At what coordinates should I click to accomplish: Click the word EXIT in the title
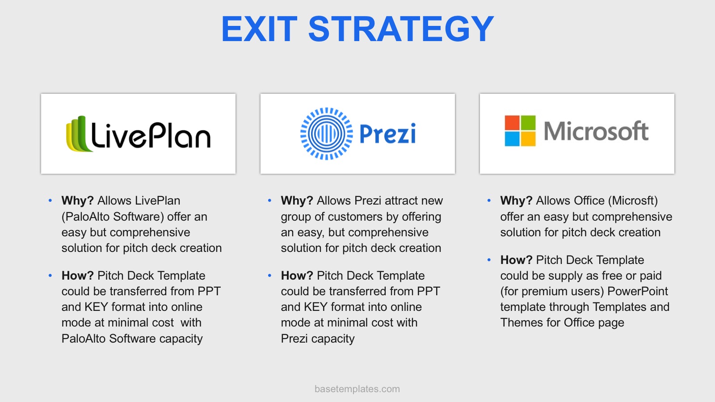259,29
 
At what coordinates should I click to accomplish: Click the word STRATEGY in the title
401,29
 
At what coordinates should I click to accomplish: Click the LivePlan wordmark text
151,135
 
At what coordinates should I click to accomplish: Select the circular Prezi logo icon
327,134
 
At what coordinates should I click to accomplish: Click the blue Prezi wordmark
387,134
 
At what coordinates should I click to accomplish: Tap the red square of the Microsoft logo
512,123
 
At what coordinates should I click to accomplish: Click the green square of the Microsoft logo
528,123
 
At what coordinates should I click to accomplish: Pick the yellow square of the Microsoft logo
528,139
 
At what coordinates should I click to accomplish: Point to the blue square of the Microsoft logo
512,139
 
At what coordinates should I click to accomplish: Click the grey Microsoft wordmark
596,131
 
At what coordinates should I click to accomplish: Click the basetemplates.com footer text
357,389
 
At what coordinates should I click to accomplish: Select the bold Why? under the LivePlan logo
78,201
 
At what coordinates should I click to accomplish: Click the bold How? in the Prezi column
297,276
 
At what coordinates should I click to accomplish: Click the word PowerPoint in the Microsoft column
637,291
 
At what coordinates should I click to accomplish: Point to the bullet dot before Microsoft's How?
489,260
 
